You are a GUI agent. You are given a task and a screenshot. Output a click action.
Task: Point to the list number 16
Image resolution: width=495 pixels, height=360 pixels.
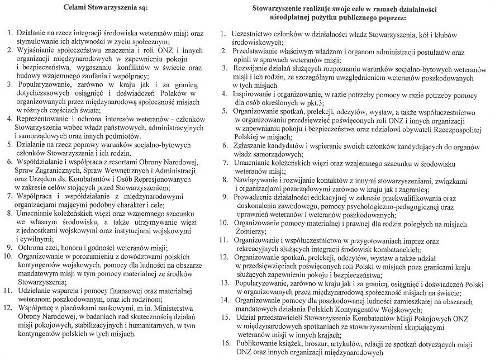[225, 344]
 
